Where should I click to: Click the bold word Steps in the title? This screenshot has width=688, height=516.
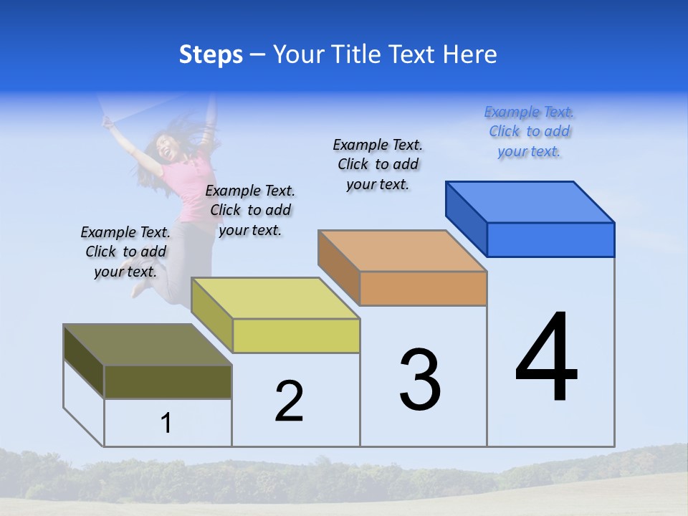(x=211, y=54)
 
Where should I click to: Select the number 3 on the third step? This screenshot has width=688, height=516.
(x=420, y=379)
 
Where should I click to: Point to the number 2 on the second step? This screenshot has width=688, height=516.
(x=289, y=401)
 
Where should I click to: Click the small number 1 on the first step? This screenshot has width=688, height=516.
(x=166, y=423)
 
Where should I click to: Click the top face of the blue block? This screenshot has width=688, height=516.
(x=530, y=201)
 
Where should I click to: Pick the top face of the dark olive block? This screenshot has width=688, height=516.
(x=148, y=345)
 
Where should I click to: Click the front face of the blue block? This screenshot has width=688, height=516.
(x=550, y=239)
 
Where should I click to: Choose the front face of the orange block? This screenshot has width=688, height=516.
(x=423, y=288)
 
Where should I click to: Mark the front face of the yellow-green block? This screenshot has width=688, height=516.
(x=296, y=335)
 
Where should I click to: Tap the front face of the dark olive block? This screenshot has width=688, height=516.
(x=168, y=381)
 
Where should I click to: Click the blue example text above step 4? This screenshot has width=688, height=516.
(x=529, y=131)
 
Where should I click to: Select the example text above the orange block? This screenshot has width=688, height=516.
(x=378, y=164)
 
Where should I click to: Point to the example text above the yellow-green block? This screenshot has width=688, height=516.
(x=250, y=210)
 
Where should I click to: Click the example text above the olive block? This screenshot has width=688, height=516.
(x=125, y=252)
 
